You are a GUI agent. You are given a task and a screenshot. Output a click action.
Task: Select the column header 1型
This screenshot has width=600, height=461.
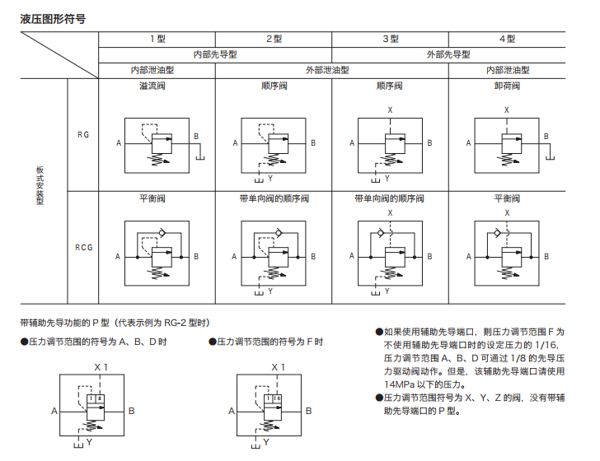point(157,39)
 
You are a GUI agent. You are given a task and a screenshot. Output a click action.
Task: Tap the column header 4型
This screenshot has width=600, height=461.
point(506,39)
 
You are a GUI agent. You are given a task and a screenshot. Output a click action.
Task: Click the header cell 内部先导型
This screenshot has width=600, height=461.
point(215,54)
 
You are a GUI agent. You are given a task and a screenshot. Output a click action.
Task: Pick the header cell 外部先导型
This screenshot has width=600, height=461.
point(448,54)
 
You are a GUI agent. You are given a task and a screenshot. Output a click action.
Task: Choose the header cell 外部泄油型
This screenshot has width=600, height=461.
point(331,70)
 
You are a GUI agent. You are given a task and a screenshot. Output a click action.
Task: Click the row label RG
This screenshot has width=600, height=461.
point(83,134)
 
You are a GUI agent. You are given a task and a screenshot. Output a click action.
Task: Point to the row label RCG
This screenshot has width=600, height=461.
point(83,247)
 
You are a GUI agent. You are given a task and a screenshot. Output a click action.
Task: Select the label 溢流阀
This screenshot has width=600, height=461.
point(157,86)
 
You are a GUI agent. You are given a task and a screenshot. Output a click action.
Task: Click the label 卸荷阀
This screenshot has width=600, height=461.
point(506,86)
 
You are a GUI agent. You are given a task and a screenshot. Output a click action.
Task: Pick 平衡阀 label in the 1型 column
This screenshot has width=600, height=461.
point(157,198)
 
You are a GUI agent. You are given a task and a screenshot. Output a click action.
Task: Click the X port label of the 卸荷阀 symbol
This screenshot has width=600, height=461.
point(506,109)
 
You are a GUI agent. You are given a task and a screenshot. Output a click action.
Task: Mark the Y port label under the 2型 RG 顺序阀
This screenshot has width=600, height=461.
point(270,177)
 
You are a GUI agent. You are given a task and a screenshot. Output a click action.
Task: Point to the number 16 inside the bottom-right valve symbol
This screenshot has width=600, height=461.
point(277,398)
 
